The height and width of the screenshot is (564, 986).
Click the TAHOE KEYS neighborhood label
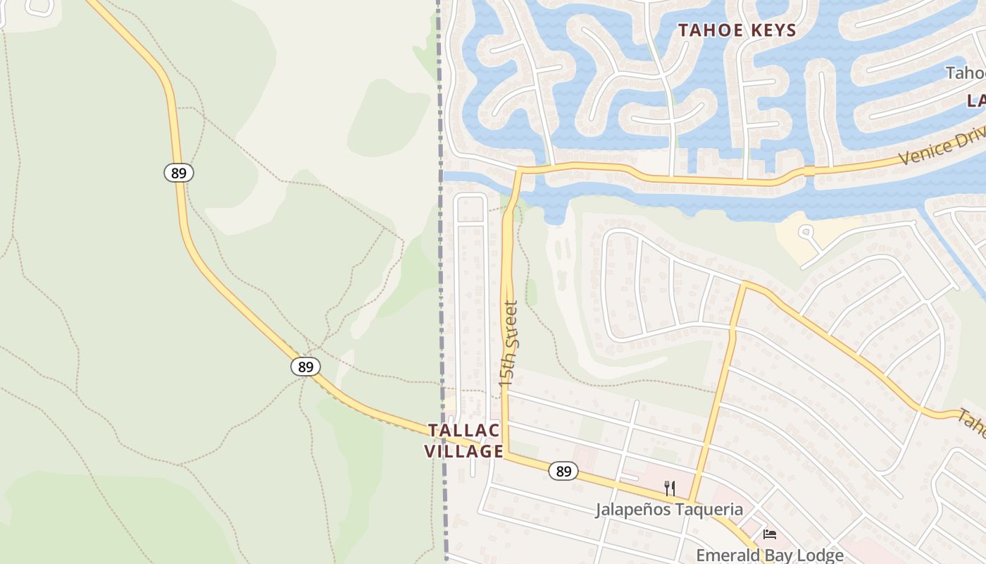coord(737,30)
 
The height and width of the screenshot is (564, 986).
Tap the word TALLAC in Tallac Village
coord(463,431)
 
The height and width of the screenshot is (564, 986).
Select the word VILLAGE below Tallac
coord(463,451)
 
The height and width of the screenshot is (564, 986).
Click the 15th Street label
coord(508,343)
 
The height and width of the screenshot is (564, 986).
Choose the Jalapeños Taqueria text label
coord(668,509)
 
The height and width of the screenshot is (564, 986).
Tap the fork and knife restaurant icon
coord(670,488)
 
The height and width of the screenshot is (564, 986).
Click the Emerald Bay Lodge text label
coord(769,556)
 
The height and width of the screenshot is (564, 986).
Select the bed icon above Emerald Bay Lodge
coord(770,534)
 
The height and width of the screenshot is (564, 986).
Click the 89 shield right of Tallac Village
coord(563,471)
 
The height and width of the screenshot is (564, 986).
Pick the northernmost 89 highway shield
coord(179,172)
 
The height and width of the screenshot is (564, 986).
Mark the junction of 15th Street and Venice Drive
coord(519,170)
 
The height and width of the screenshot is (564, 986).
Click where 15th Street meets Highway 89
coord(505,455)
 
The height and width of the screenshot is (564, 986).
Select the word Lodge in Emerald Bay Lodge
coord(818,556)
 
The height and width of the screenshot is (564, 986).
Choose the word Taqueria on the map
coord(709,509)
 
